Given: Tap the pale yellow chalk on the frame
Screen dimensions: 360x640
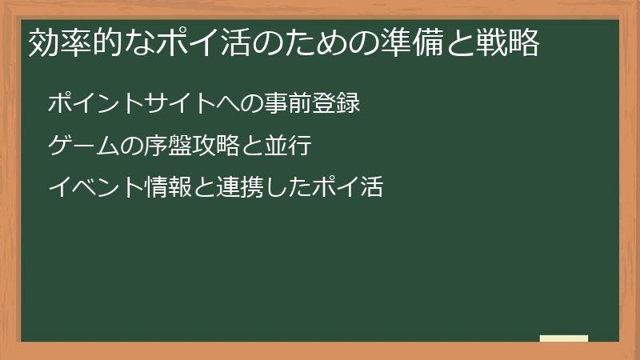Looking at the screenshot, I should [564, 338].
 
